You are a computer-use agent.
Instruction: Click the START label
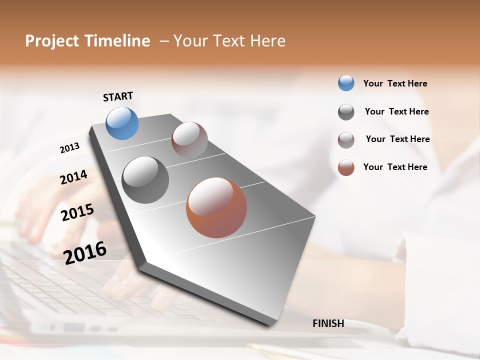tap(118, 96)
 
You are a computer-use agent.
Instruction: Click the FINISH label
tap(328, 323)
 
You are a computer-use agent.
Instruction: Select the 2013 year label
tap(69, 148)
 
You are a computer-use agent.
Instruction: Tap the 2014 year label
tap(73, 177)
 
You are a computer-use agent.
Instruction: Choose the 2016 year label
tap(85, 253)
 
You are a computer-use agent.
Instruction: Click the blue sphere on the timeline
tap(122, 123)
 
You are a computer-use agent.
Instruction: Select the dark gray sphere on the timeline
tap(145, 180)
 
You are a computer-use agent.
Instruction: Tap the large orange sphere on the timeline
tap(216, 207)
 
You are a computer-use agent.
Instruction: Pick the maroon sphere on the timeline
tap(189, 140)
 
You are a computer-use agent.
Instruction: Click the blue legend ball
tap(346, 83)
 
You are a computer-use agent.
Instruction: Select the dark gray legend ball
tap(346, 112)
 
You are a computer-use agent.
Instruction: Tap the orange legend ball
tap(346, 167)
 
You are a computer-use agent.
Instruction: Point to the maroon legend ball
tap(346, 140)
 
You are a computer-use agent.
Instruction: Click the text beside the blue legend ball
tap(395, 83)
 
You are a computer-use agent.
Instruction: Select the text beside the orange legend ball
tap(395, 167)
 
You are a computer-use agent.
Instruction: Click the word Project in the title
tap(51, 41)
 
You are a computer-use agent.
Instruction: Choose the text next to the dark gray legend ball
tap(396, 111)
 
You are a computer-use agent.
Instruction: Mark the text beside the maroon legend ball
tap(397, 139)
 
